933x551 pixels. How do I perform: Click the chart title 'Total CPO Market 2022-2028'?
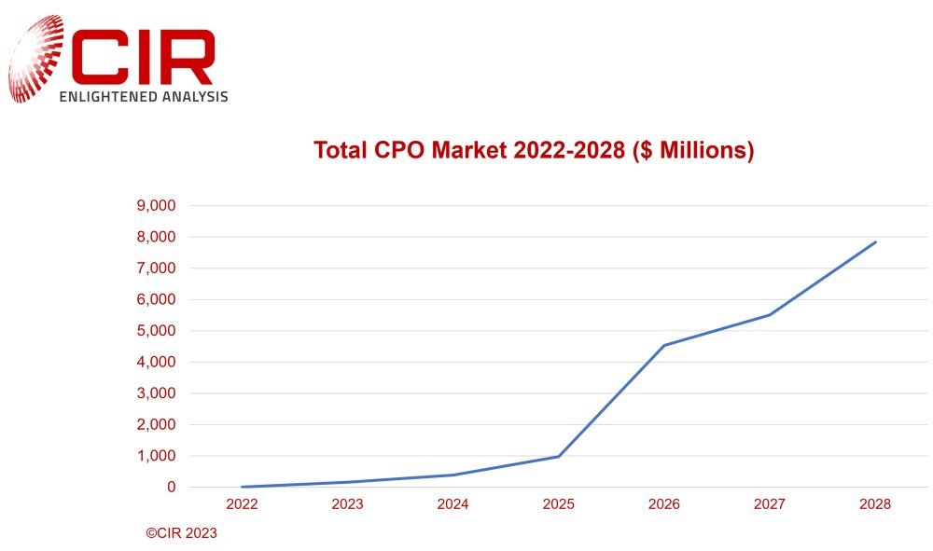[x=533, y=151]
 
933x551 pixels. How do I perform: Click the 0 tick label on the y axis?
[x=171, y=487]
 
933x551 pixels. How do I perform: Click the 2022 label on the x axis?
[x=241, y=504]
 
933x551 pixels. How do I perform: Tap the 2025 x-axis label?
[x=558, y=504]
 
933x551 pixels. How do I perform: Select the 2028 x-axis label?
[x=875, y=504]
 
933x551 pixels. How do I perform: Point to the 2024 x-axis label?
[x=453, y=504]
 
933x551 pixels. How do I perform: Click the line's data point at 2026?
[x=663, y=345]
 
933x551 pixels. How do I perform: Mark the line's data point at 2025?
[x=558, y=456]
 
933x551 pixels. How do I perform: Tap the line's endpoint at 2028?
[x=875, y=242]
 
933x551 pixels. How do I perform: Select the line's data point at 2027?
[x=770, y=314]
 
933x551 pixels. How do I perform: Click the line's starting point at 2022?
[x=241, y=487]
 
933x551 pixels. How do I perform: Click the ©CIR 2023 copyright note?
[x=181, y=534]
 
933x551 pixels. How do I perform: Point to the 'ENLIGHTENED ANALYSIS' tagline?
[x=143, y=96]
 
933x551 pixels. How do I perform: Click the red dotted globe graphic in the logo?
[x=35, y=58]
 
